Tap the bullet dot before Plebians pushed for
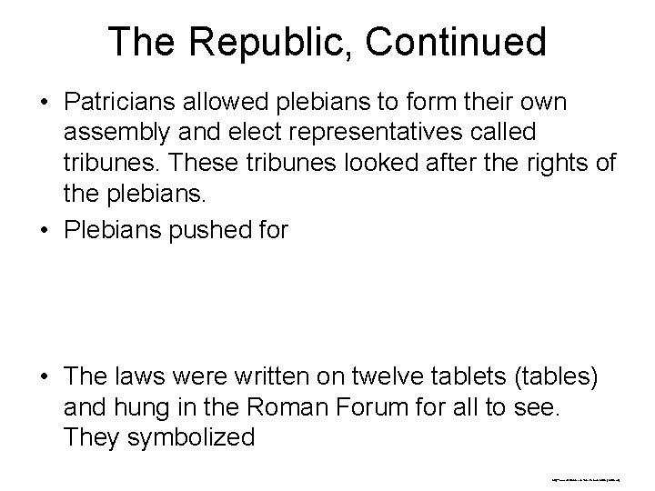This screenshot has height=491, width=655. point(44,230)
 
